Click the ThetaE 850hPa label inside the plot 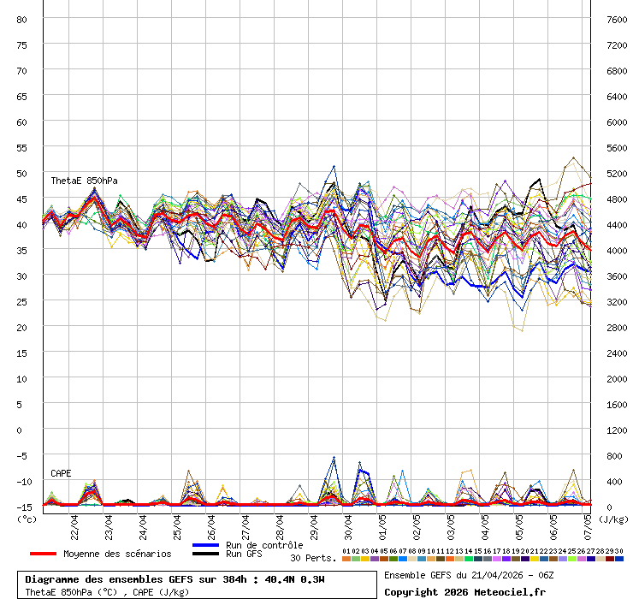click(84, 181)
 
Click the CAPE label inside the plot click(61, 473)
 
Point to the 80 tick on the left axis click(22, 19)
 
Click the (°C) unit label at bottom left click(27, 518)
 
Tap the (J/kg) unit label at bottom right click(613, 518)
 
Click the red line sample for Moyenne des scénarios click(55, 554)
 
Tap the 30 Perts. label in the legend click(313, 558)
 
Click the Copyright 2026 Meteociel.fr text click(464, 591)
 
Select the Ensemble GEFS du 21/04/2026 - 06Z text click(469, 575)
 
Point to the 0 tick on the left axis click(22, 430)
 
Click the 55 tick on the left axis click(22, 147)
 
